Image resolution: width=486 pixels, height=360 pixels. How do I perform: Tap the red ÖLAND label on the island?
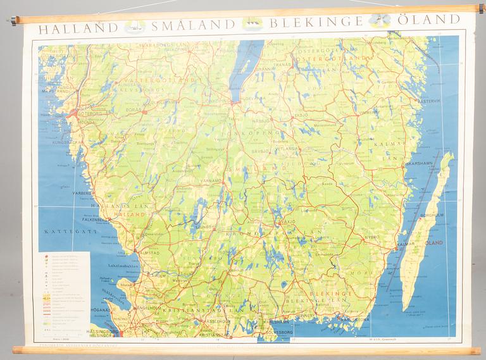pyautogui.click(x=432, y=242)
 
